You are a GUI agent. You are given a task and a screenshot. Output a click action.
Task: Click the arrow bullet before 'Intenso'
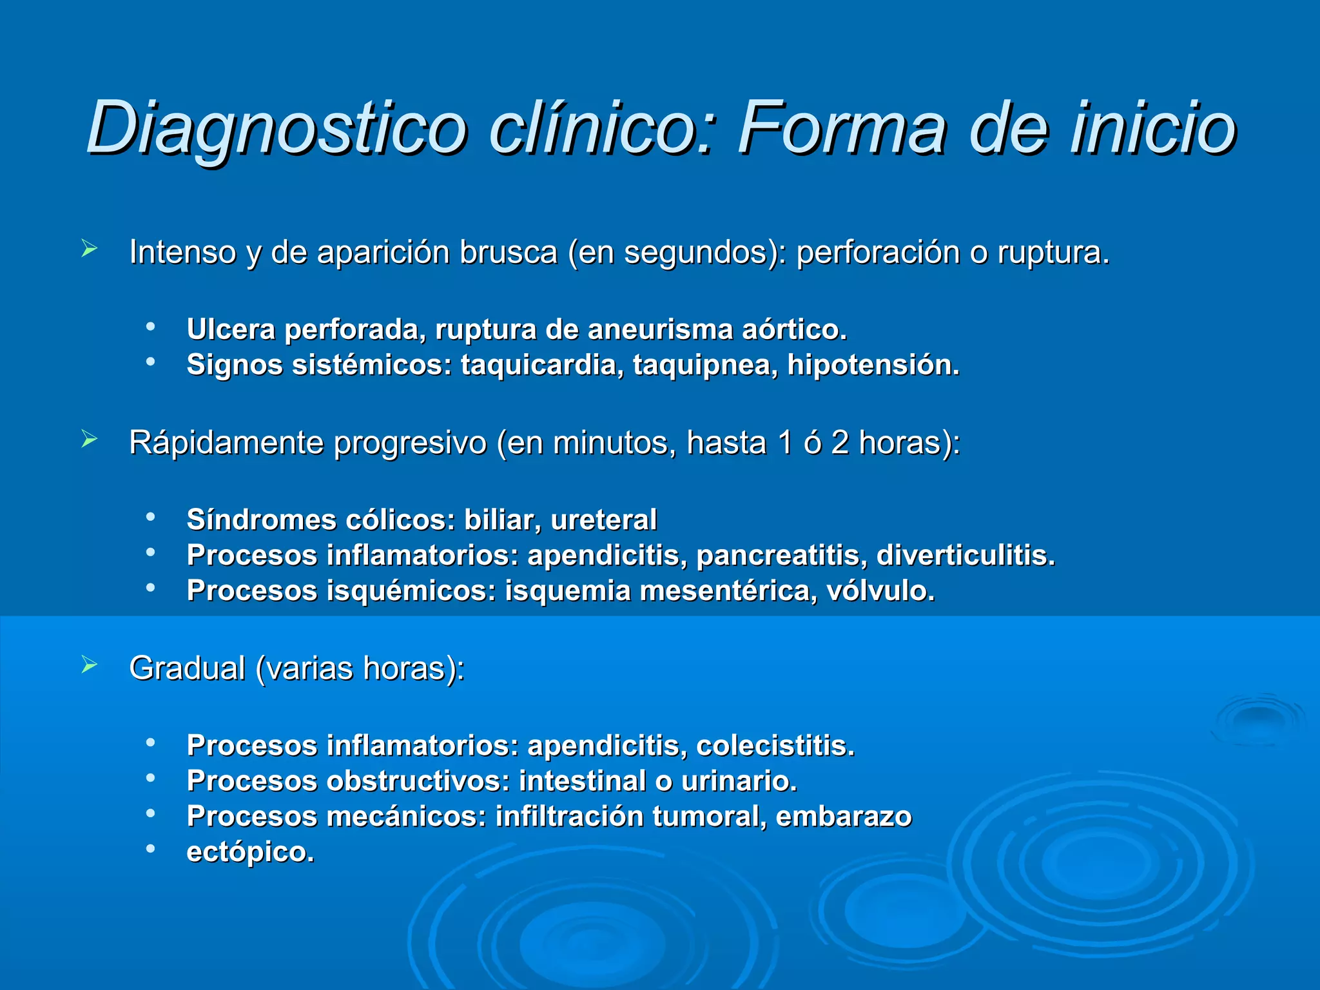(x=89, y=249)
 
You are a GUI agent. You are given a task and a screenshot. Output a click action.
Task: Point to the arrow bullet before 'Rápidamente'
(x=89, y=440)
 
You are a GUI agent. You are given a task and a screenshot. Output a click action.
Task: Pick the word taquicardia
(x=541, y=365)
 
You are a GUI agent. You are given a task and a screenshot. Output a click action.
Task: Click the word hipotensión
(x=873, y=365)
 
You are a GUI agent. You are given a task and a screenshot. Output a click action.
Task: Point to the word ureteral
(x=604, y=519)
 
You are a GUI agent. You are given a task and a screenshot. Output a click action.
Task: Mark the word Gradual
(x=187, y=668)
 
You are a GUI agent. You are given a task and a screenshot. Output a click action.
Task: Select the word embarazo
(x=844, y=817)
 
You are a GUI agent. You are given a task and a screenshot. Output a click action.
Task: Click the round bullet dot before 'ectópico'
(x=151, y=849)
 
